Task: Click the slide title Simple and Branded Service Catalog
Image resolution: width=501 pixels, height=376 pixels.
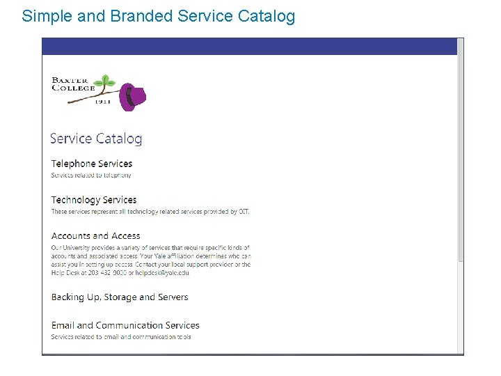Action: pyautogui.click(x=159, y=15)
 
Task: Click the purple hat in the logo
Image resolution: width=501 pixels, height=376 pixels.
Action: pyautogui.click(x=132, y=97)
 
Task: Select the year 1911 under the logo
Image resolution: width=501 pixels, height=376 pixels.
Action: pyautogui.click(x=102, y=101)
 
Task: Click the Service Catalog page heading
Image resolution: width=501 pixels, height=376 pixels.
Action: pyautogui.click(x=96, y=139)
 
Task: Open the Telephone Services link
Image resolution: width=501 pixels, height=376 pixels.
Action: pyautogui.click(x=91, y=164)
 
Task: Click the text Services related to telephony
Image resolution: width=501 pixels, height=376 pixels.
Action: pyautogui.click(x=91, y=175)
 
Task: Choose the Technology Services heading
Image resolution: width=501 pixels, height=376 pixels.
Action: pyautogui.click(x=94, y=200)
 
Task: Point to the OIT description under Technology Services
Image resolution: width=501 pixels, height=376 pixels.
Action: pyautogui.click(x=150, y=211)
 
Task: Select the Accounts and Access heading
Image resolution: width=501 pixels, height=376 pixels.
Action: pyautogui.click(x=96, y=236)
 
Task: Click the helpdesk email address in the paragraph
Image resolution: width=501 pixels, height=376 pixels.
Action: pyautogui.click(x=163, y=272)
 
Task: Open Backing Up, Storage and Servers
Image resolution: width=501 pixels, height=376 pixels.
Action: pyautogui.click(x=120, y=297)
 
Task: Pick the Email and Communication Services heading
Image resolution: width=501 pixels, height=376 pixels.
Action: pyautogui.click(x=125, y=325)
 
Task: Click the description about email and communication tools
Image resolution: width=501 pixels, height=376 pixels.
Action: pyautogui.click(x=121, y=336)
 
